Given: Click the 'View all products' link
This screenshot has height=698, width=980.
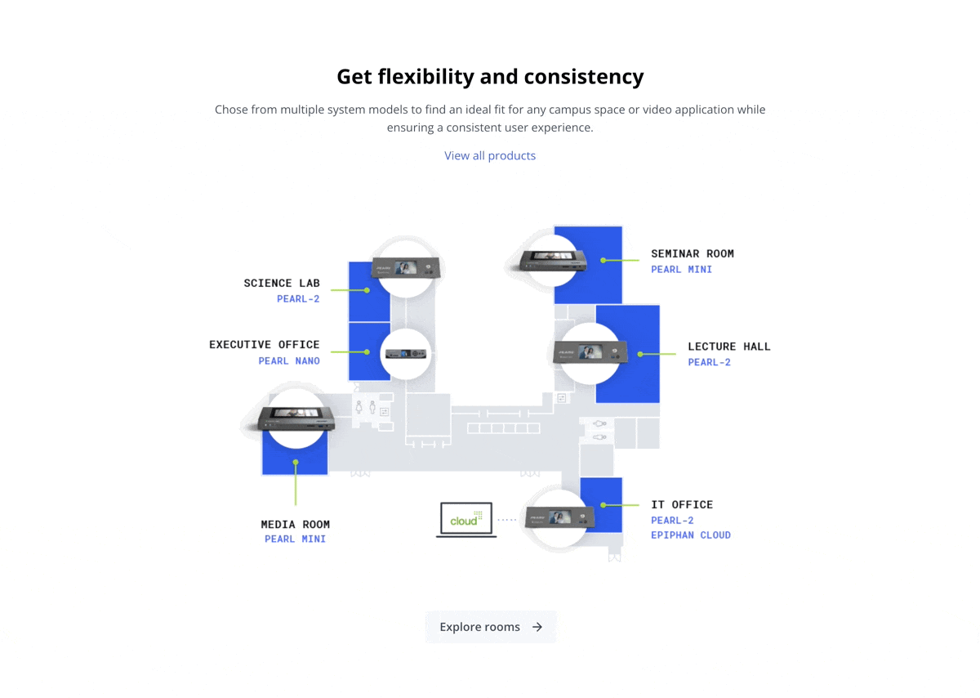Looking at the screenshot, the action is tap(490, 155).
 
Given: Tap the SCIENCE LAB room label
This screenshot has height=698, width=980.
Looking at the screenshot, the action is tap(282, 284).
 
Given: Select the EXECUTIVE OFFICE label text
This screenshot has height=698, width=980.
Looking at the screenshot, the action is tap(265, 345).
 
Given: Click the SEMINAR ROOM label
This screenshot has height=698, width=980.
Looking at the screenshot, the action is tap(693, 254).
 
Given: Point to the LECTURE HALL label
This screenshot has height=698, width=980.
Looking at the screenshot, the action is tap(729, 347).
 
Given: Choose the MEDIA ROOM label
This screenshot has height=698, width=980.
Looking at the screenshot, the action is tap(296, 525).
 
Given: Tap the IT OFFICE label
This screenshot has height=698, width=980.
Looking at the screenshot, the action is tap(682, 505).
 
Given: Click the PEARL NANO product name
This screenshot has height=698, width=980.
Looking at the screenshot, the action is tap(289, 361).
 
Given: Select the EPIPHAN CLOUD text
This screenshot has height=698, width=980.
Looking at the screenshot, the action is tap(691, 535).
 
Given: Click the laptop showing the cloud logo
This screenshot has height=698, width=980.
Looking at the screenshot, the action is tap(466, 520).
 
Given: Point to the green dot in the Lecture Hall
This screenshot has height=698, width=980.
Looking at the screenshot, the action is tap(641, 354).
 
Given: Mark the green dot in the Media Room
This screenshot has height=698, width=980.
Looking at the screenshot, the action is tap(296, 463).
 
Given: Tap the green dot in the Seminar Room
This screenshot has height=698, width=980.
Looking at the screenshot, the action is tap(604, 260).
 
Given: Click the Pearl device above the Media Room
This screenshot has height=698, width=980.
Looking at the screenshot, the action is tap(296, 418).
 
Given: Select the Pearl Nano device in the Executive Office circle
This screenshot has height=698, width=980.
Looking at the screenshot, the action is tap(405, 353).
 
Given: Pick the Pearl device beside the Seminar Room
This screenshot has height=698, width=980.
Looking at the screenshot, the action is tap(555, 260).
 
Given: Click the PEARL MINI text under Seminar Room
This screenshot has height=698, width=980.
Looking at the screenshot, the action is tap(681, 270).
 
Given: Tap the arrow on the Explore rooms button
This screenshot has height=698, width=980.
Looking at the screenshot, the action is tap(537, 627).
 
